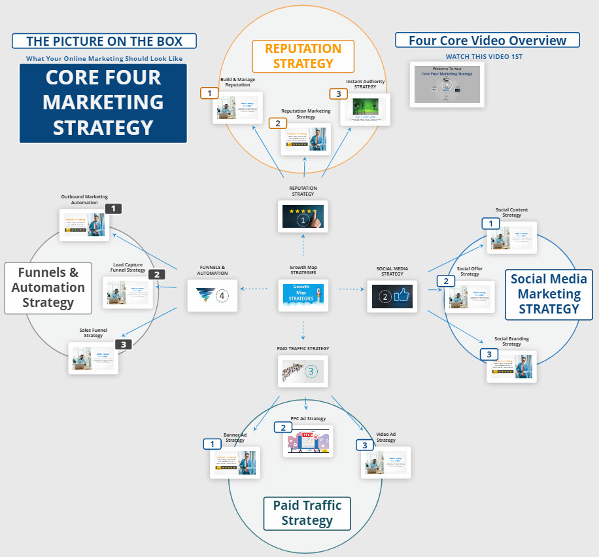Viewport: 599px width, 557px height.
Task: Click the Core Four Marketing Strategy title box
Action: pyautogui.click(x=103, y=103)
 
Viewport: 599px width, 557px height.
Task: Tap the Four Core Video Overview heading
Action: pyautogui.click(x=487, y=41)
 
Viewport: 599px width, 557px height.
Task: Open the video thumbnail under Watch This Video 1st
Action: pyautogui.click(x=447, y=84)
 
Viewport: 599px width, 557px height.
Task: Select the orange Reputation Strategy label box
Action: pyautogui.click(x=303, y=56)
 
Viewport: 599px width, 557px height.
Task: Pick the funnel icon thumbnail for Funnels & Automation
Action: pyautogui.click(x=212, y=296)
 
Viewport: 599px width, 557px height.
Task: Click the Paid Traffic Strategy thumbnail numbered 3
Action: pyautogui.click(x=303, y=372)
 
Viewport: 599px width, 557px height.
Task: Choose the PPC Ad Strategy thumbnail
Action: pyautogui.click(x=308, y=440)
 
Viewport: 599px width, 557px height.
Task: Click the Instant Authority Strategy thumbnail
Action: pyautogui.click(x=365, y=109)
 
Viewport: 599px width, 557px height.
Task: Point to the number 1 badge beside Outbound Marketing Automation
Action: pyautogui.click(x=113, y=209)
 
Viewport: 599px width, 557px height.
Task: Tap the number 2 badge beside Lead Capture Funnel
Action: pyautogui.click(x=156, y=275)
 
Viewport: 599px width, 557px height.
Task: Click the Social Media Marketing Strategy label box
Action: pyautogui.click(x=549, y=294)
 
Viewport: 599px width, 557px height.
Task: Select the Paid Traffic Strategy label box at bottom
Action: pyautogui.click(x=307, y=513)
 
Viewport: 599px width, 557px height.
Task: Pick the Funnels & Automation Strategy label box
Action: pyautogui.click(x=48, y=287)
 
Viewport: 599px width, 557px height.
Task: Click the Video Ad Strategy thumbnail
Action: pyautogui.click(x=386, y=463)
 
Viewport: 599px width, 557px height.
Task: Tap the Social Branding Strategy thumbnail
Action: pyautogui.click(x=511, y=367)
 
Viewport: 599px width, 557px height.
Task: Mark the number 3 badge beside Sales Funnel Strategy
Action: pyautogui.click(x=124, y=344)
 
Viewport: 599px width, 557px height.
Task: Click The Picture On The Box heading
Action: pyautogui.click(x=105, y=41)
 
